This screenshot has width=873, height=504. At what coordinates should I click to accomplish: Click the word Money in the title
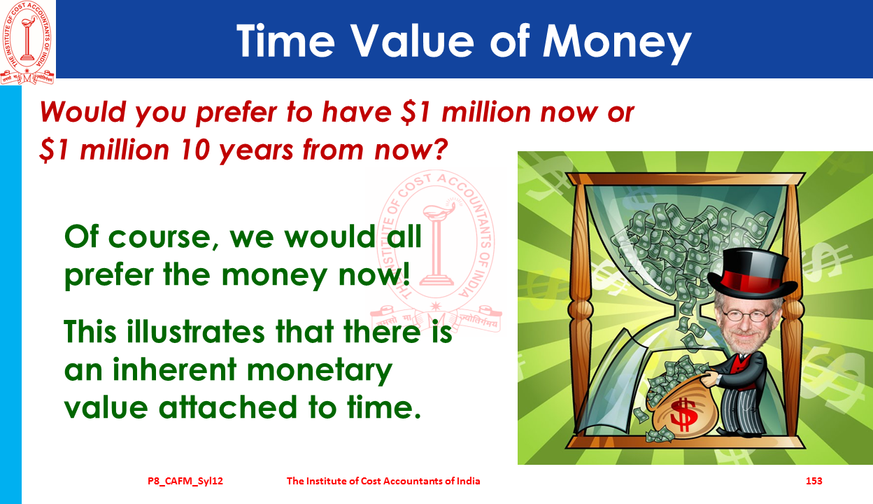(x=617, y=42)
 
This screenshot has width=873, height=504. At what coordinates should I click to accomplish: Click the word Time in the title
(x=285, y=41)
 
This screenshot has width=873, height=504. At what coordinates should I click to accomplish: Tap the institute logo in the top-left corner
(x=27, y=43)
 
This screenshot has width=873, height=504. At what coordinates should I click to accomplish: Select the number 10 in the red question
(x=196, y=150)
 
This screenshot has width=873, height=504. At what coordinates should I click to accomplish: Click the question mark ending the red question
(x=440, y=148)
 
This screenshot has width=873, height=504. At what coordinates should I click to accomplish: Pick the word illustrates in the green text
(x=196, y=332)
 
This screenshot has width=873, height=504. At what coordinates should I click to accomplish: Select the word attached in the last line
(x=228, y=407)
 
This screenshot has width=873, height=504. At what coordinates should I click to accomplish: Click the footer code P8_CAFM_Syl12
(x=185, y=481)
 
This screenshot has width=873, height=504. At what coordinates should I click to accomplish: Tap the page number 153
(x=814, y=481)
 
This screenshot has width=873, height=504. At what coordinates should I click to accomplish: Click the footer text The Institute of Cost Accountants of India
(x=383, y=481)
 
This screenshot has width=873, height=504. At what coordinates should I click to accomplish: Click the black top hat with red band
(x=751, y=276)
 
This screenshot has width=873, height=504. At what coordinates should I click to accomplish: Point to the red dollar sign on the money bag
(x=683, y=414)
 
